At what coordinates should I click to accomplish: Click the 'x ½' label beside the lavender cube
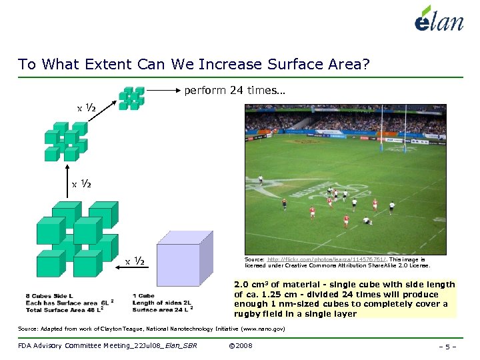(136, 260)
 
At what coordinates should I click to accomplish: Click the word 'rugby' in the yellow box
(248, 313)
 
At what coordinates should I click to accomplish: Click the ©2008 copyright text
(240, 345)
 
